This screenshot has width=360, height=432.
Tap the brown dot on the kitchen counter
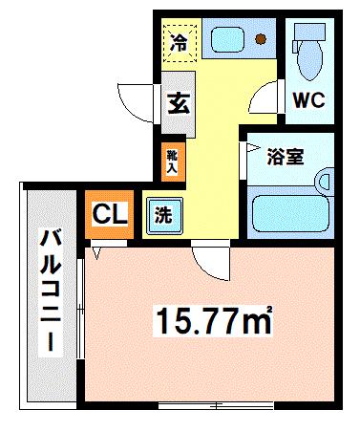(x=261, y=39)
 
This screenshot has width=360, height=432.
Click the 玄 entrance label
(x=178, y=101)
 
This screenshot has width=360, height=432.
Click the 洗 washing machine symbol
(x=163, y=214)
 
